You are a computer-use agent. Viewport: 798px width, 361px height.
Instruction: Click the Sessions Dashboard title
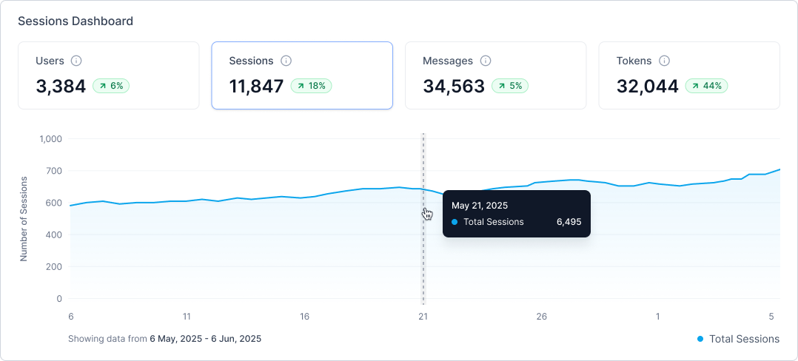coord(76,21)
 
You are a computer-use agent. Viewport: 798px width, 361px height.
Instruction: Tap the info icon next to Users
coord(76,61)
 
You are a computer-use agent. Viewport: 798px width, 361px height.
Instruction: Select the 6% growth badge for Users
coord(111,86)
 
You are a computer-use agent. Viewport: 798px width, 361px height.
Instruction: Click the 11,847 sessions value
coord(257,87)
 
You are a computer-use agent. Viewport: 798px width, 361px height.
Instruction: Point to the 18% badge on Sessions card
coord(311,86)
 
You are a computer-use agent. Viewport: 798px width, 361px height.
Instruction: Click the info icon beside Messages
coord(486,61)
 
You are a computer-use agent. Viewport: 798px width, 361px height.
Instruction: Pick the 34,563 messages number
coord(454,87)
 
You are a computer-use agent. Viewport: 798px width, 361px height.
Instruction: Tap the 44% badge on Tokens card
coord(706,86)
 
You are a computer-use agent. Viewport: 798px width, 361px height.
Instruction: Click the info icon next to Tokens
coord(665,61)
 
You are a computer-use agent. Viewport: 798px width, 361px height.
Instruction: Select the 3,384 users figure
coord(61,87)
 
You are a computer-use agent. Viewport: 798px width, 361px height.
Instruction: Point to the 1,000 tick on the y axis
coord(51,139)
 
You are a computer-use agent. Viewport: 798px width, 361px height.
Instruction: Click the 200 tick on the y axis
coord(55,267)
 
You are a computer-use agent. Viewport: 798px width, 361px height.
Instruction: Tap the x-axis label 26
coord(542,317)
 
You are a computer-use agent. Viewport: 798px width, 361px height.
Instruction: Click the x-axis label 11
coord(187,317)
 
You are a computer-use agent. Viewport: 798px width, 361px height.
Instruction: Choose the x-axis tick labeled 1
coord(657,317)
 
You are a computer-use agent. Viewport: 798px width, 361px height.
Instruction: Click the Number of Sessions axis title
coord(24,218)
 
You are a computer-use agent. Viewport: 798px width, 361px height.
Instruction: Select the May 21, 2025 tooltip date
coord(480,205)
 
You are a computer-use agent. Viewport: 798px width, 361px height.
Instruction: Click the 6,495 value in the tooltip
coord(569,222)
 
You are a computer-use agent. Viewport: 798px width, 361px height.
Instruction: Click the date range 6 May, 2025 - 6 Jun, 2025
coord(205,339)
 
